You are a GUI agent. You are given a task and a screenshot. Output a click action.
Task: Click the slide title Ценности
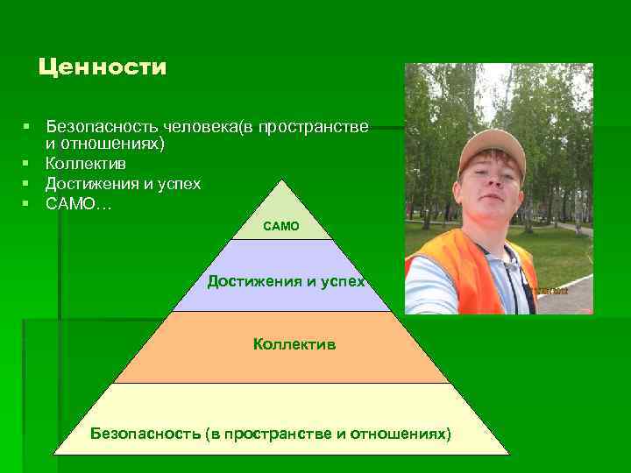click(x=103, y=67)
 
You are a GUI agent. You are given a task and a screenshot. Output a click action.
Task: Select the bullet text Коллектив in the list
click(x=86, y=164)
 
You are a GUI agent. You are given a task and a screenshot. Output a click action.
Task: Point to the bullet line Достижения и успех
click(x=123, y=184)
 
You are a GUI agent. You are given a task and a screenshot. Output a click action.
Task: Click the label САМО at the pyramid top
click(x=281, y=226)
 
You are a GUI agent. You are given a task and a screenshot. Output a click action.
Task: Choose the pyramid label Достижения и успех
click(x=286, y=281)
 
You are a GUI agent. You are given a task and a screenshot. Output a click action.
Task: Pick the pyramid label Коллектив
click(x=294, y=344)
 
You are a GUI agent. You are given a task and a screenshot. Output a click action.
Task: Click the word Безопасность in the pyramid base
click(x=145, y=433)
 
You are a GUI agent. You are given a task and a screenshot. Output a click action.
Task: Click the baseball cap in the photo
click(x=493, y=145)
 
